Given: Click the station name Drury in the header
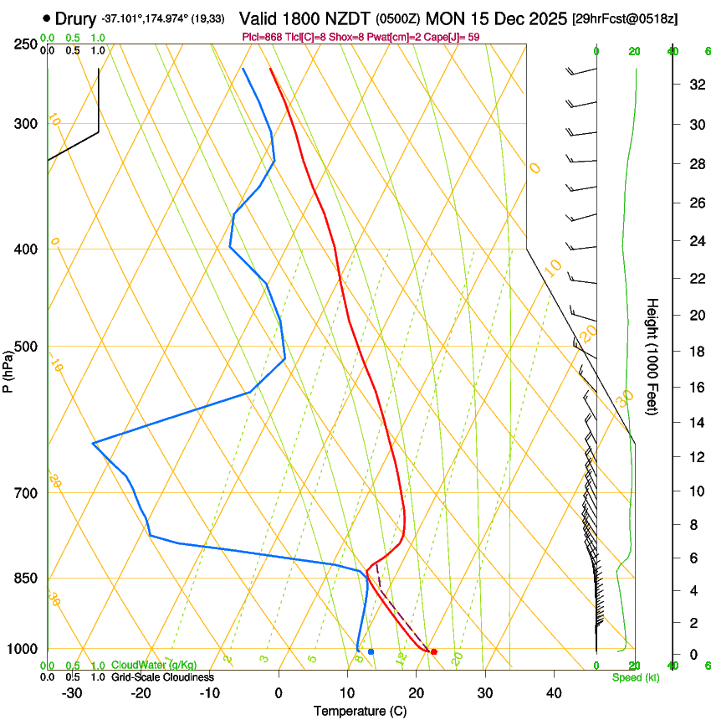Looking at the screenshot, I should (76, 18).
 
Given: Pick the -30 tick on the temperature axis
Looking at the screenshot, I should (72, 693).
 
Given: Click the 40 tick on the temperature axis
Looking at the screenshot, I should (554, 693).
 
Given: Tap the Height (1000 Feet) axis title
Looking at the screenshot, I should (653, 356).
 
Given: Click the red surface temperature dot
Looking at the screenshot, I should (433, 651).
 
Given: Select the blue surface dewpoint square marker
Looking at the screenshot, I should (371, 651).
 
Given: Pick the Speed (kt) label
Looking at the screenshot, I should (635, 677).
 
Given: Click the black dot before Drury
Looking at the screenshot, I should (46, 18).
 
